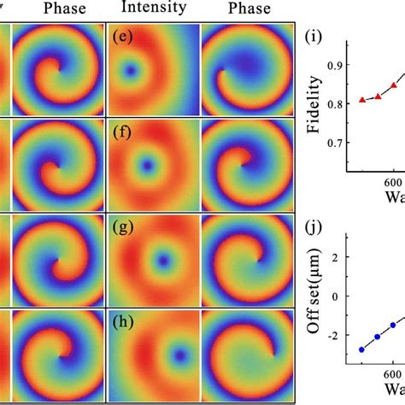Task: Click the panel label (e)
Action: (x=121, y=38)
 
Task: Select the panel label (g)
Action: (x=121, y=226)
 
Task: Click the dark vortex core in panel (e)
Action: (x=130, y=72)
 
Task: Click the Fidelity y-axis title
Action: (x=314, y=104)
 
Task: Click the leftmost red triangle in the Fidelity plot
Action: (x=362, y=100)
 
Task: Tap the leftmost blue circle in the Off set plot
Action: (x=361, y=349)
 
